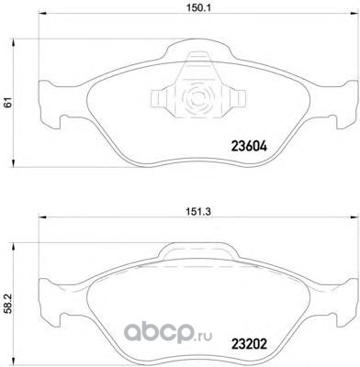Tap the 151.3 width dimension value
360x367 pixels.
point(198,211)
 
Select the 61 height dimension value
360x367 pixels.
point(8,103)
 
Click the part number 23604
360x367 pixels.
point(249,147)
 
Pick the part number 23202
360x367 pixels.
point(249,345)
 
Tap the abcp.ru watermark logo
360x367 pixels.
point(168,334)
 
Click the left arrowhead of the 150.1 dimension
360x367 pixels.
point(42,14)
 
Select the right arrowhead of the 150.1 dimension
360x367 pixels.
point(354,14)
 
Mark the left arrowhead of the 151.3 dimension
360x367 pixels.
point(42,217)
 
